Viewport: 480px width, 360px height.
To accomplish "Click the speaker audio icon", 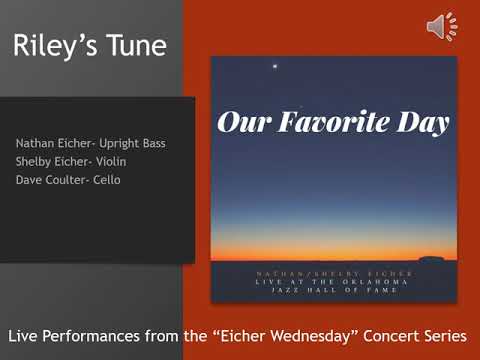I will click(441, 27).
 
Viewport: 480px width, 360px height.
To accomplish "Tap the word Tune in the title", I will click(133, 45).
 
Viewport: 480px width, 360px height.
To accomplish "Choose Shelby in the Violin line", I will click(33, 161).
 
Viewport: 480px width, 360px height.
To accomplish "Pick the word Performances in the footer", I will click(101, 332).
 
